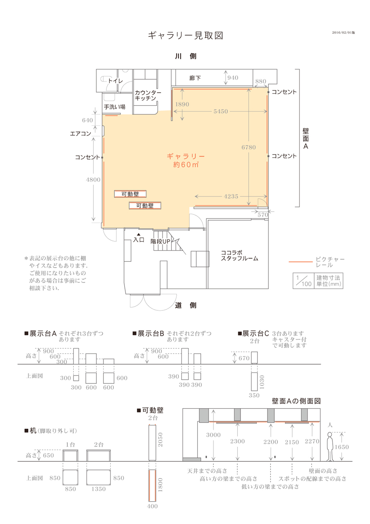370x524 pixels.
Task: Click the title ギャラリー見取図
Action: pos(186,36)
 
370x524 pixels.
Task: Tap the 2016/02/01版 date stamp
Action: pos(343,32)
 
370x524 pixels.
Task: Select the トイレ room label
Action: pos(115,81)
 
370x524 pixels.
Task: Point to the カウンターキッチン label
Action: pos(148,95)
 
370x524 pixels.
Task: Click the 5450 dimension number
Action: pos(220,111)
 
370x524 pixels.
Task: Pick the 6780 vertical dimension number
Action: pos(249,148)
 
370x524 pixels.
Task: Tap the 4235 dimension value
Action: pos(231,196)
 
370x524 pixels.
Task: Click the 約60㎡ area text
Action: pos(186,164)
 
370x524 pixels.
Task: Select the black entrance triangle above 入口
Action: pos(139,234)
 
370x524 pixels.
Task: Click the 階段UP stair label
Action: pos(160,241)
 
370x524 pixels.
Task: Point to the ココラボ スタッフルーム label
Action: pos(239,256)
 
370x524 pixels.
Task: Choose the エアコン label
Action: pos(81,134)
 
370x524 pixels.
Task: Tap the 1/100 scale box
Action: pos(303,281)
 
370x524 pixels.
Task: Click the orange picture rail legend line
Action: pos(301,262)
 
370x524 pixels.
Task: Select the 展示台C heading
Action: pos(254,333)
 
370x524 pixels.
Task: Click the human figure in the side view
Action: pos(330,446)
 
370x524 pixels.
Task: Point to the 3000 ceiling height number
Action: pos(214,435)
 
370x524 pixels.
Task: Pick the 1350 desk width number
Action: pos(99,489)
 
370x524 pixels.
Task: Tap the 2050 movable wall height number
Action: pos(160,439)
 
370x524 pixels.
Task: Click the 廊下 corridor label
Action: pos(195,78)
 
